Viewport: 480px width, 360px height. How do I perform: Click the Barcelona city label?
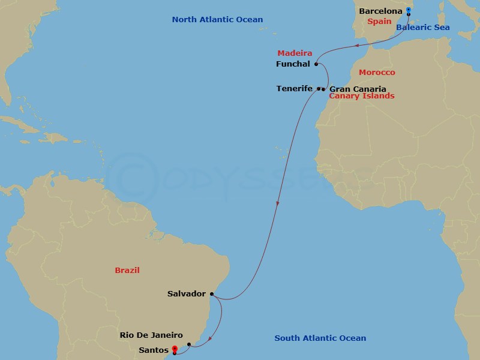point(380,11)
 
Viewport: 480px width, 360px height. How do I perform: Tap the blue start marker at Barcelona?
point(408,10)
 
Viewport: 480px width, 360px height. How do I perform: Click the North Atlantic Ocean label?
point(217,20)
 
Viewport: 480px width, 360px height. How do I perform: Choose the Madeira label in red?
point(295,53)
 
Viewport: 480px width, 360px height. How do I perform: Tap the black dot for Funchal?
point(315,64)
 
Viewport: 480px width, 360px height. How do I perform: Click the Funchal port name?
point(293,64)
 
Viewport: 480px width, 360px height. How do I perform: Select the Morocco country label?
point(377,73)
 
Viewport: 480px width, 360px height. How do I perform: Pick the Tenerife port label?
point(295,89)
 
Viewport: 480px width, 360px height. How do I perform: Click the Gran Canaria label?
point(354,89)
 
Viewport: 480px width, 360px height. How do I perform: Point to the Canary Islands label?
point(362,96)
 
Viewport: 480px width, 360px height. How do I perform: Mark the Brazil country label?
point(127,271)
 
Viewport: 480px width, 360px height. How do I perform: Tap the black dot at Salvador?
point(211,294)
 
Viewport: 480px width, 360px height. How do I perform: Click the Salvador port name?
point(187,294)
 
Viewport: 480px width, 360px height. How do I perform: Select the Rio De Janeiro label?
point(151,336)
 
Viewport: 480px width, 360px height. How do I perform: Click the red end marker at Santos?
point(175,349)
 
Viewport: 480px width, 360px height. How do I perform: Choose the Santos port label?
point(153,349)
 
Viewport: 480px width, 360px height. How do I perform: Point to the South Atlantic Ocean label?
point(320,338)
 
